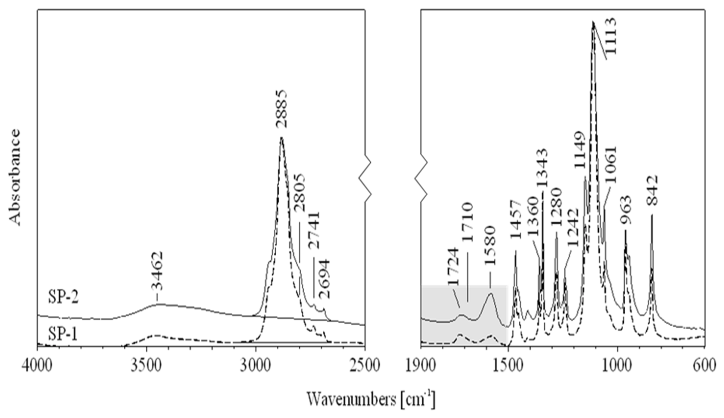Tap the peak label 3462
(x=157, y=271)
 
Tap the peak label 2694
(x=324, y=279)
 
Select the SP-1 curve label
(x=63, y=334)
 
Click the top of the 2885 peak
(x=281, y=138)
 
